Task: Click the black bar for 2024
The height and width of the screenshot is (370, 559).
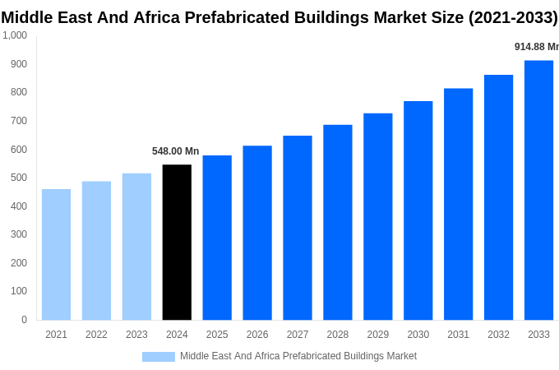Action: click(177, 243)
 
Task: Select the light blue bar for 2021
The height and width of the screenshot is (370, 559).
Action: click(56, 255)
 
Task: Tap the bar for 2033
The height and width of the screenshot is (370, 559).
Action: click(538, 190)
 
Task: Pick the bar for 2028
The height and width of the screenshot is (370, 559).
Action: click(337, 222)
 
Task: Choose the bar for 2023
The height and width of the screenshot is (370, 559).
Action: click(136, 247)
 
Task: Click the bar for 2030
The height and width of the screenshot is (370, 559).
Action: click(418, 210)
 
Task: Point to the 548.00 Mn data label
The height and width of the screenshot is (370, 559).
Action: click(175, 151)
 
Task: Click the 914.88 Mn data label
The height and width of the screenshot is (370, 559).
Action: click(536, 47)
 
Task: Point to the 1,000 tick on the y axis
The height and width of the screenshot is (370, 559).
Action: click(15, 35)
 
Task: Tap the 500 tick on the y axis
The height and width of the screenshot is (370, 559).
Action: click(18, 178)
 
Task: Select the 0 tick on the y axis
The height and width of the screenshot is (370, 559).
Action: click(24, 320)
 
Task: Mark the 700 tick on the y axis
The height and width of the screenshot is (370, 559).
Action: click(18, 121)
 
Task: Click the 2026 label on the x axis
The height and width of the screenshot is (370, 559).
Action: click(257, 335)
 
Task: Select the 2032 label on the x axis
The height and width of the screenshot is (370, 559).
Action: click(498, 335)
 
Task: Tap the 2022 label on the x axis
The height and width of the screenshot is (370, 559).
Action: click(96, 335)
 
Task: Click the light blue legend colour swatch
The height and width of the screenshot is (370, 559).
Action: click(158, 357)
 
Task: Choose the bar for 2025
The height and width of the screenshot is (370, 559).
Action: click(217, 238)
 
